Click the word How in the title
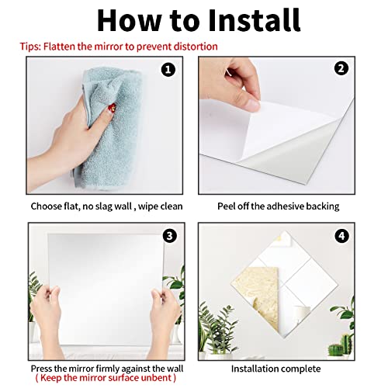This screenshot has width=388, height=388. (126, 20)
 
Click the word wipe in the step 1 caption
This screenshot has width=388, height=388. (141, 206)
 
